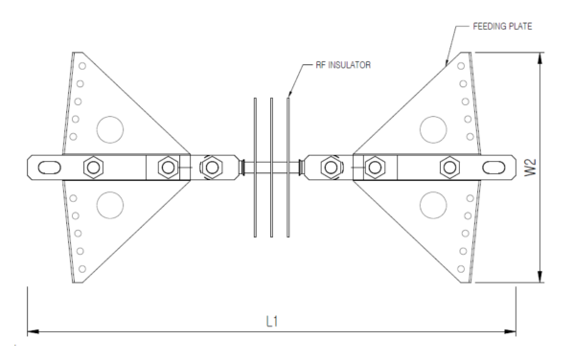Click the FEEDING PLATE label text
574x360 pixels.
coord(502,27)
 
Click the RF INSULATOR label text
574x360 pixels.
coord(343,65)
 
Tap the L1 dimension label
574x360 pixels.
coord(272,322)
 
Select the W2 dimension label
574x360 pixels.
coord(530,168)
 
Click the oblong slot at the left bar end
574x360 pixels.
coord(50,168)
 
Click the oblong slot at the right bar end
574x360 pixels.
coord(494,168)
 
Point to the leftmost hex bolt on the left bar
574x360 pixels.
coord(93,168)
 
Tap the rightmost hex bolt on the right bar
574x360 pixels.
coord(449,168)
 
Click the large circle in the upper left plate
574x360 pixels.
coord(110,129)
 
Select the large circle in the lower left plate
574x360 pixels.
coord(110,205)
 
